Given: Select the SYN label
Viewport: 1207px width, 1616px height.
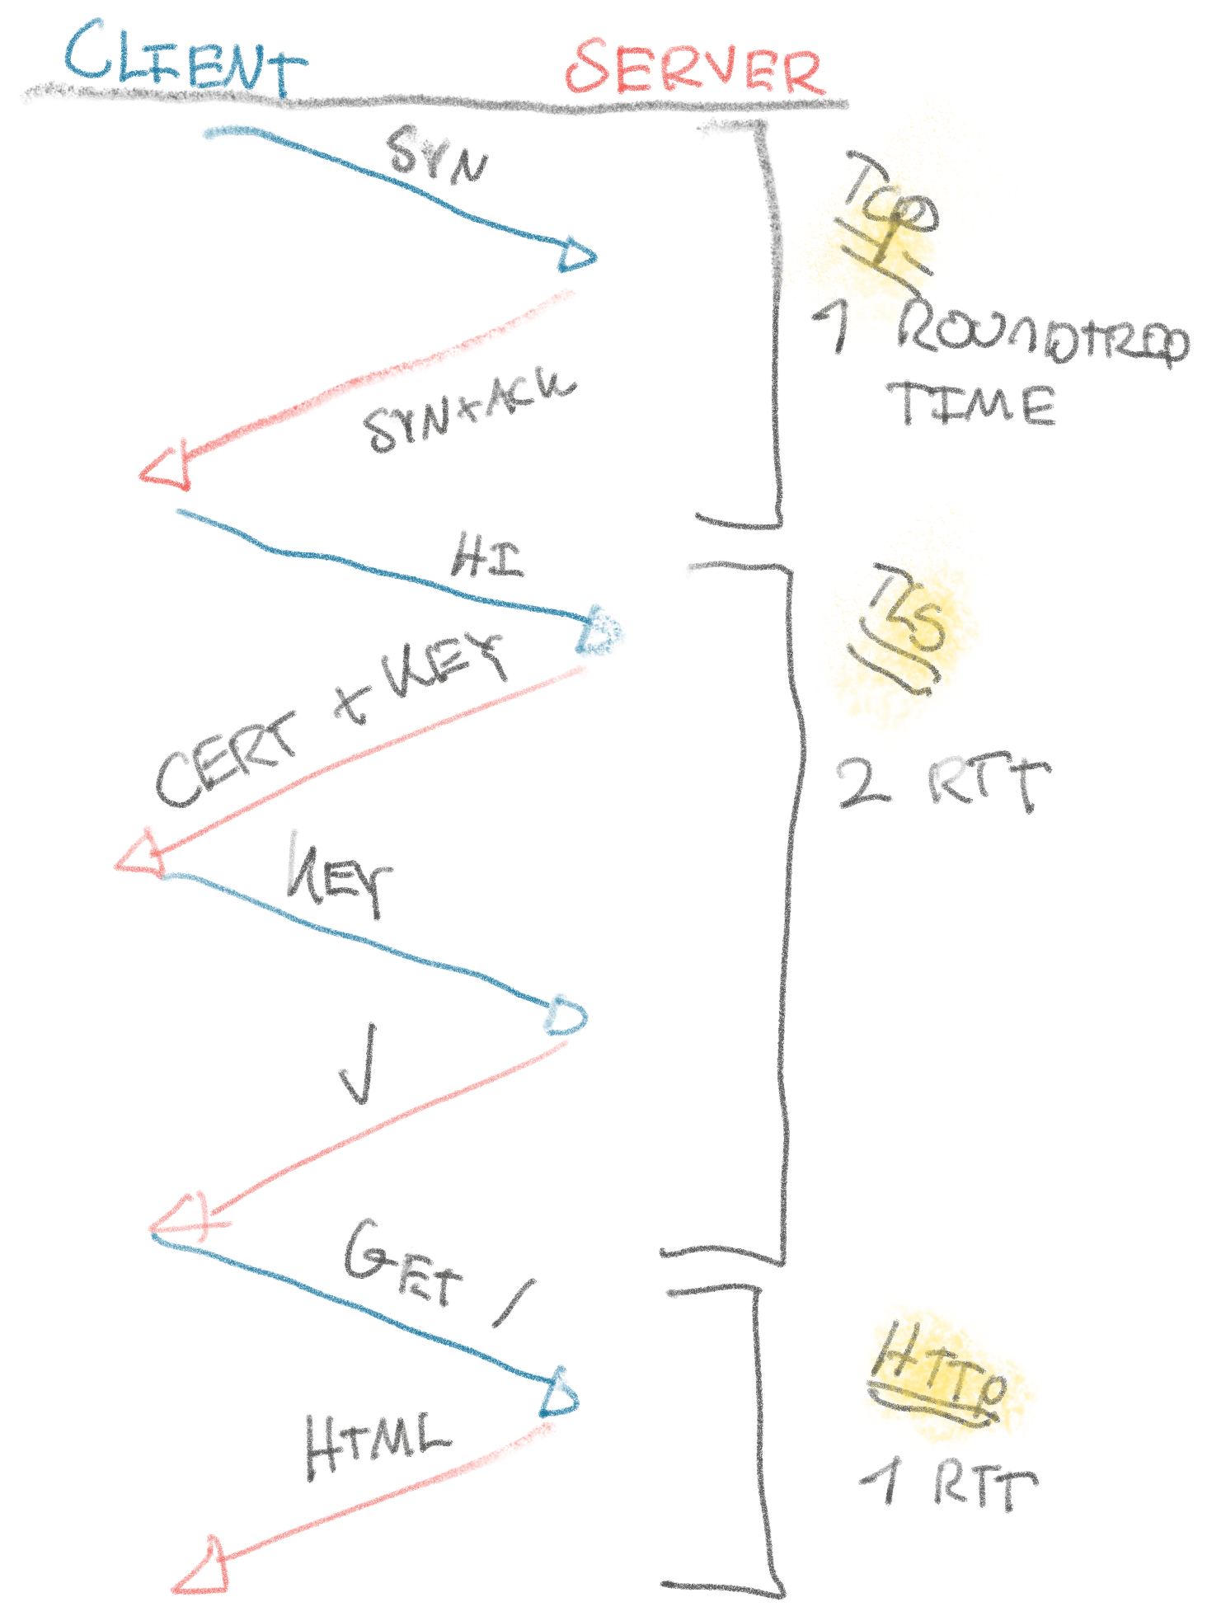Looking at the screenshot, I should tap(437, 157).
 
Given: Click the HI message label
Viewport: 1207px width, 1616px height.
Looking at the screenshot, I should tap(486, 556).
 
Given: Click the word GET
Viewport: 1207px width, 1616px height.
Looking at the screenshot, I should tap(402, 1265).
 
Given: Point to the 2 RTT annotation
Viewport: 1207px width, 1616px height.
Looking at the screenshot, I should tap(944, 783).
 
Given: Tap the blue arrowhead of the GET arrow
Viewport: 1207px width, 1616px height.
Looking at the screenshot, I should tap(561, 1393).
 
